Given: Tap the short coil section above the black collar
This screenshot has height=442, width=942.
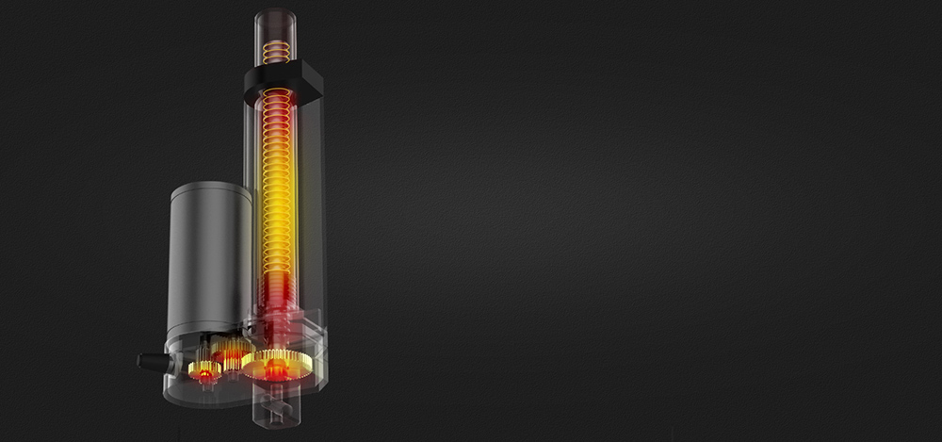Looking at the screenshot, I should (x=275, y=52).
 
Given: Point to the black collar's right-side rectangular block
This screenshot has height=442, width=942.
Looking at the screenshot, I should (x=310, y=82).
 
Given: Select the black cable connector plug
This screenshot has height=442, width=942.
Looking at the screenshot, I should (x=153, y=361).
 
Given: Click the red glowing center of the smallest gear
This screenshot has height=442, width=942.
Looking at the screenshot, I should (x=203, y=374).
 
